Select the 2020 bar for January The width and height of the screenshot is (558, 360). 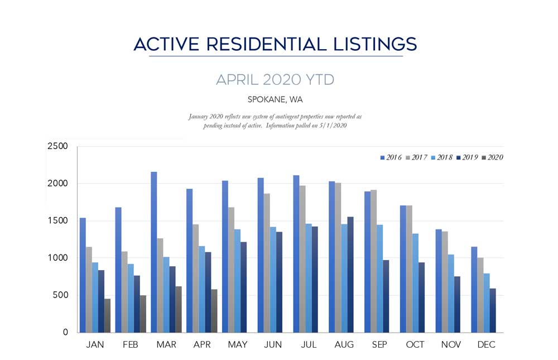[x=107, y=315]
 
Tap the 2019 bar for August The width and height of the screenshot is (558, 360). [x=350, y=274]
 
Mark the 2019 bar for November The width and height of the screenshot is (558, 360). [x=456, y=304]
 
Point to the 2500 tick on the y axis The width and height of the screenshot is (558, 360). [x=57, y=146]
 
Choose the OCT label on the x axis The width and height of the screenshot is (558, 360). [x=415, y=345]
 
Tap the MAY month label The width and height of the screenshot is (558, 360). [x=238, y=345]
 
